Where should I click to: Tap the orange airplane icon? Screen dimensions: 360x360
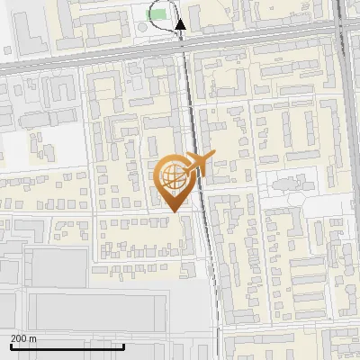point(196,165)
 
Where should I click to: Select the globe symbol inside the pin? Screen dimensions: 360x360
point(174,176)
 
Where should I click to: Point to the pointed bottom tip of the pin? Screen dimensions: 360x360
point(176,211)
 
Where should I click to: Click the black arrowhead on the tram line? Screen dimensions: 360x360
point(180,26)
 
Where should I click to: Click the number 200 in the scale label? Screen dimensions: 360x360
point(19,338)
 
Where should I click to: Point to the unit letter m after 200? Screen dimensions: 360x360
point(33,338)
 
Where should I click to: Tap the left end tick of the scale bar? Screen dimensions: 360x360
point(11,345)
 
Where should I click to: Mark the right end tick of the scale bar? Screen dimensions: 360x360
point(123,345)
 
